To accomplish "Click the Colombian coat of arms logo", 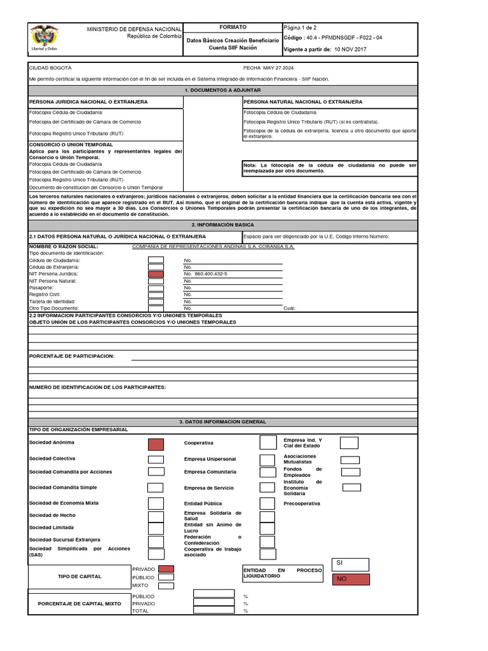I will (x=44, y=38).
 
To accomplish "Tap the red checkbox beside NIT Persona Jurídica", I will (x=156, y=273).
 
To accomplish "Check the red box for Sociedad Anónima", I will (x=156, y=444).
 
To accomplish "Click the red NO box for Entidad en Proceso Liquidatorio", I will (x=350, y=579).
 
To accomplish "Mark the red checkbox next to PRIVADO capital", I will (x=166, y=569).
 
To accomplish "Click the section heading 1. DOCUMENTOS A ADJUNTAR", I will (x=222, y=90).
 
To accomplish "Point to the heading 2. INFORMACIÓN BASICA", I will (x=222, y=225).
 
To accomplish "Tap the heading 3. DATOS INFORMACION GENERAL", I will (x=222, y=421).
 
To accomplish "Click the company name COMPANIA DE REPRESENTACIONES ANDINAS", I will (x=213, y=246).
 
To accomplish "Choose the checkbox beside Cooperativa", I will (x=268, y=442).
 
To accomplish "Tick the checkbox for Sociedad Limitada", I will (x=156, y=528).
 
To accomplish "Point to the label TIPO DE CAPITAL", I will (x=79, y=577).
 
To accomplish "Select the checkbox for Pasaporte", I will (x=156, y=287).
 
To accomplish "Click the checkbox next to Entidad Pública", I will (x=268, y=504).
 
